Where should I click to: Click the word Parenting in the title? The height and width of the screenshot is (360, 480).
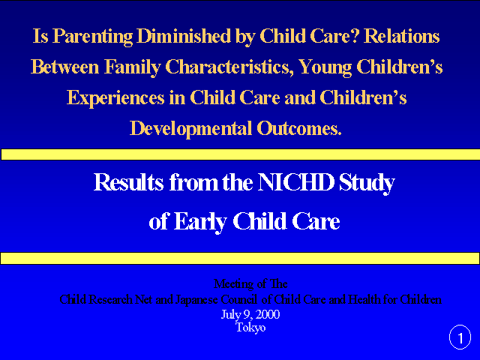pyautogui.click(x=93, y=37)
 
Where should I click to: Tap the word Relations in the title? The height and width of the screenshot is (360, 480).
pyautogui.click(x=402, y=35)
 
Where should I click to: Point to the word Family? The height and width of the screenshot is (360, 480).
pyautogui.click(x=133, y=67)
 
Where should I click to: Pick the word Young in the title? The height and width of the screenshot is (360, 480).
pyautogui.click(x=325, y=67)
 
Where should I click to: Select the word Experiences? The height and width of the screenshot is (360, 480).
pyautogui.click(x=115, y=98)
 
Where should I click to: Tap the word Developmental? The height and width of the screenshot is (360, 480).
pyautogui.click(x=190, y=129)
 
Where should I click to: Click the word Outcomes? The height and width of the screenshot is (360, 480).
pyautogui.click(x=299, y=128)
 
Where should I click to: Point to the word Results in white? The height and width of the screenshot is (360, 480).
pyautogui.click(x=128, y=182)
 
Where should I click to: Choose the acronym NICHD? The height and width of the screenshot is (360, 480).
pyautogui.click(x=295, y=182)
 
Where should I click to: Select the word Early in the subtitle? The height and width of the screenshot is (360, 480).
pyautogui.click(x=200, y=222)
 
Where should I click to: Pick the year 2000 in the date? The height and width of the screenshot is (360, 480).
pyautogui.click(x=268, y=315)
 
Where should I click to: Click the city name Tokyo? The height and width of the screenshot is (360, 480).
pyautogui.click(x=250, y=328)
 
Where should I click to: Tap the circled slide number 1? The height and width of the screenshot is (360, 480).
pyautogui.click(x=460, y=337)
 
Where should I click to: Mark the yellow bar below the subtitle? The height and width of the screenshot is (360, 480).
pyautogui.click(x=240, y=258)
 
